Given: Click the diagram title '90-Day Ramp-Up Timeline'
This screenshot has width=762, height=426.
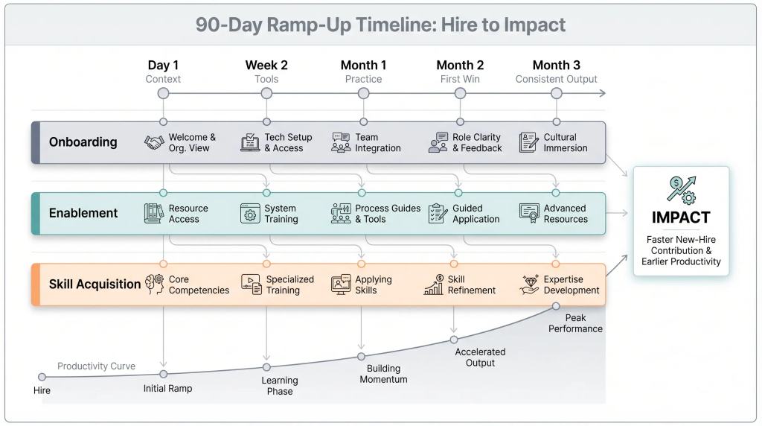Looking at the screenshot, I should tap(380, 25).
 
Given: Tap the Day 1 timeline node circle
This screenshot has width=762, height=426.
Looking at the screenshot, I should tap(163, 93).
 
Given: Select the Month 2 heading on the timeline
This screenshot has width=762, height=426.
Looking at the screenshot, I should tap(460, 66).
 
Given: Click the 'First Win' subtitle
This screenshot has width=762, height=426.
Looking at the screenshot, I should tap(460, 79).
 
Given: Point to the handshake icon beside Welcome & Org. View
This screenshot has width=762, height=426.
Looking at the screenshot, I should tap(154, 142).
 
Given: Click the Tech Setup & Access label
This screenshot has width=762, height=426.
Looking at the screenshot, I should tap(288, 142).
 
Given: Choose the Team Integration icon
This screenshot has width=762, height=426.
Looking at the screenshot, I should tap(341, 142).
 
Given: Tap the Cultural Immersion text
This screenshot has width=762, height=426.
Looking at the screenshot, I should tap(566, 142).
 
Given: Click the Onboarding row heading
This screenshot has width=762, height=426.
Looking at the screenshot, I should tap(83, 142).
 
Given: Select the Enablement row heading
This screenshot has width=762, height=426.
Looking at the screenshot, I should tap(83, 213).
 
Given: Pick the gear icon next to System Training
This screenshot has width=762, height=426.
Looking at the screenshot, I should tap(250, 214).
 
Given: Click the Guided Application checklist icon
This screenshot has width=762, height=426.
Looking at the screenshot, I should tap(438, 214).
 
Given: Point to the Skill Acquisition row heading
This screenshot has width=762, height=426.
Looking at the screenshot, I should tap(95, 284).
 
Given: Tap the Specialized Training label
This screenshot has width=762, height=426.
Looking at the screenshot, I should tap(289, 284).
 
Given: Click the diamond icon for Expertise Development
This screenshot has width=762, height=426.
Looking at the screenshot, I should tap(530, 284).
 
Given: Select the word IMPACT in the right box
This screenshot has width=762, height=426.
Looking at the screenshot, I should tap(681, 217).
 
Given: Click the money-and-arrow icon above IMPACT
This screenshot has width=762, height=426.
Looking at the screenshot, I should tap(681, 188).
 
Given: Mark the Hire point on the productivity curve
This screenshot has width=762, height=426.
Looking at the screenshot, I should tap(42, 377).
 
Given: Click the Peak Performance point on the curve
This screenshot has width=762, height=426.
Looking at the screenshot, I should tap(556, 305).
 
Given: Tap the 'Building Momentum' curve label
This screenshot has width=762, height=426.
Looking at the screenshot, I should tap(383, 374).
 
